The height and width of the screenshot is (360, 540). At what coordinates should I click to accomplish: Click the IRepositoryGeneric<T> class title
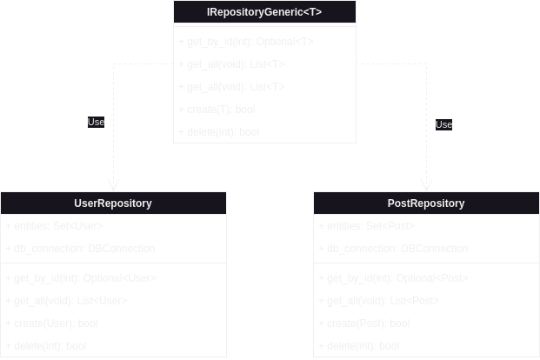pyautogui.click(x=264, y=11)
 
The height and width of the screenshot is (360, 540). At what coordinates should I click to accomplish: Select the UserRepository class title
pyautogui.click(x=113, y=203)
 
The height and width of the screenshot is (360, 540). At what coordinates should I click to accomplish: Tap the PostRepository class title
pyautogui.click(x=426, y=203)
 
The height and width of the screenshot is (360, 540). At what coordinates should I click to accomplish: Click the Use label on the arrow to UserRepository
pyautogui.click(x=96, y=123)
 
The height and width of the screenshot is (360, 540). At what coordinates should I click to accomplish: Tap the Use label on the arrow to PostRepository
pyautogui.click(x=443, y=125)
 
